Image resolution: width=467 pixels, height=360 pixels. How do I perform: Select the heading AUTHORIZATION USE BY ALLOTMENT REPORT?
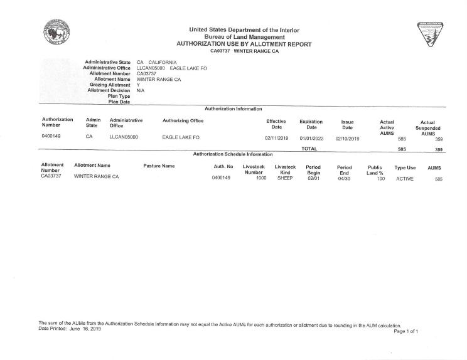click(x=244, y=44)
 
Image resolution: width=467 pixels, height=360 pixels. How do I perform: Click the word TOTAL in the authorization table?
click(x=309, y=149)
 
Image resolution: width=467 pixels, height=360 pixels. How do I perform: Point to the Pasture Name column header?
click(x=159, y=166)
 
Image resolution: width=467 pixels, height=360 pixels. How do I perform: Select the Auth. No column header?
click(x=223, y=166)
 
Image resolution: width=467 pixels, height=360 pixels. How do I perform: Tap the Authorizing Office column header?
click(x=183, y=120)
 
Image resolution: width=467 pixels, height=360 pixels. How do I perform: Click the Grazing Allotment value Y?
click(x=138, y=85)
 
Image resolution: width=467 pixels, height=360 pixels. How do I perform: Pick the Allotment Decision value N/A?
click(x=141, y=90)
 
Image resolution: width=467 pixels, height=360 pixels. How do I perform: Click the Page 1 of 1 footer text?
click(x=406, y=331)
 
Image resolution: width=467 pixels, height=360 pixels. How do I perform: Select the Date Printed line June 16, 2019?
click(x=70, y=329)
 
